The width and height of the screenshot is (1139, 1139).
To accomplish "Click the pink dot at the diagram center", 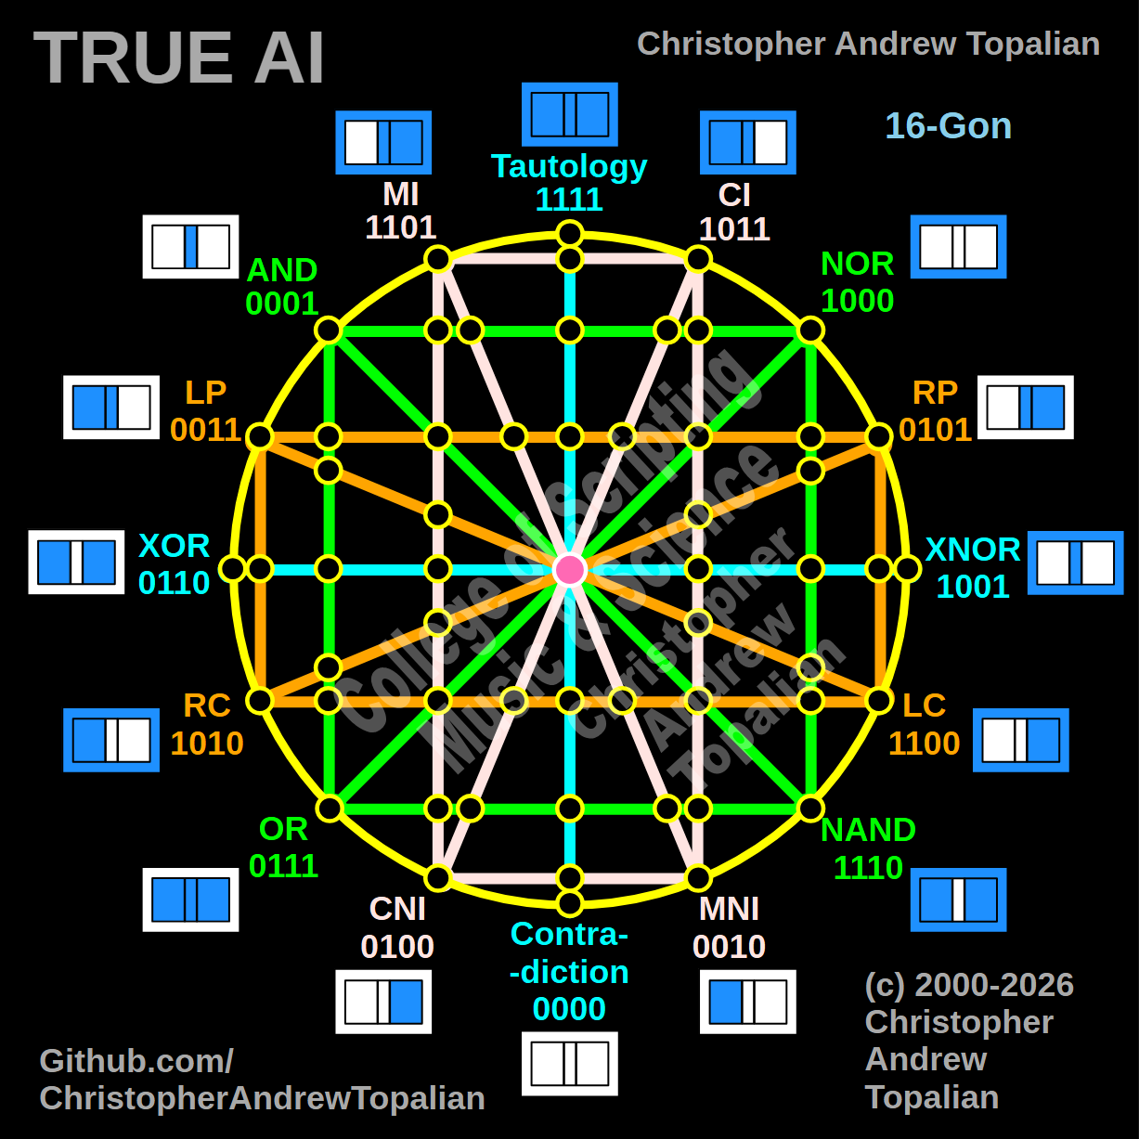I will (569, 569).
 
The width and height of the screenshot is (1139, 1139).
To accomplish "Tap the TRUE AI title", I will (179, 58).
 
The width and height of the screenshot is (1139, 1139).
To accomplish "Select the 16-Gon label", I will (948, 126).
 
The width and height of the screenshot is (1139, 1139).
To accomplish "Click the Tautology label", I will (569, 166).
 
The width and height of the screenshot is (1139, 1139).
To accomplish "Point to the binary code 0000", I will (569, 1009).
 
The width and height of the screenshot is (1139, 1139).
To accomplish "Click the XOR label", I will (174, 546).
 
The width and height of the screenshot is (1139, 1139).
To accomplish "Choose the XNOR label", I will (973, 550).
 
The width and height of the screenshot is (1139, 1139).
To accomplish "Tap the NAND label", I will (868, 830).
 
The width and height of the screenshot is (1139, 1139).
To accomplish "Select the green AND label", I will (282, 270).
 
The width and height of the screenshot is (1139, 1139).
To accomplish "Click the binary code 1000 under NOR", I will (857, 301).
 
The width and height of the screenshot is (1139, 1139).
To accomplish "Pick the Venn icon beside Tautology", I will (569, 114).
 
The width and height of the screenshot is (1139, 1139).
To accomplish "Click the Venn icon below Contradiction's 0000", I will (569, 1064).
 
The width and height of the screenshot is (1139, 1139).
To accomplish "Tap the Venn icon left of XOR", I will (76, 563).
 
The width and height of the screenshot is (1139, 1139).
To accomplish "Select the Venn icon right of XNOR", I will (1075, 563).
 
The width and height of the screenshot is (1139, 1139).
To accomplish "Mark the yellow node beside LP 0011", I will (260, 436).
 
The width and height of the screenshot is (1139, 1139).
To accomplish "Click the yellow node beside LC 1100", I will (879, 700).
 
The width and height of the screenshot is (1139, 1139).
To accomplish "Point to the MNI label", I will (729, 909).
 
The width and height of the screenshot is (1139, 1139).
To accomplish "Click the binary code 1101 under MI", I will (400, 227).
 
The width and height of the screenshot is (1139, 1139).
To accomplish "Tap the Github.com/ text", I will (136, 1061).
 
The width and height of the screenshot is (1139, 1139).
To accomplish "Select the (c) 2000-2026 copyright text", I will (969, 985).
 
